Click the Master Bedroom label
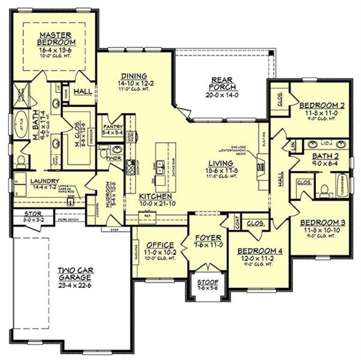click(56, 38)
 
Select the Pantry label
click(113, 127)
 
